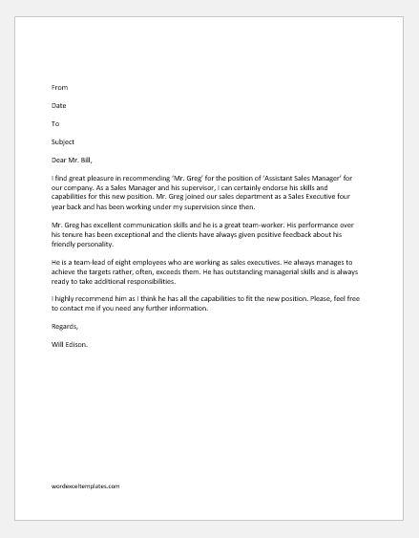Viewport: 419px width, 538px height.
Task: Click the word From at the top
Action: [x=60, y=86]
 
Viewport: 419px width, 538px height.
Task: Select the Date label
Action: [x=59, y=105]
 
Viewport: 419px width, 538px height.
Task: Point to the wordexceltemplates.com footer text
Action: [x=87, y=486]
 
